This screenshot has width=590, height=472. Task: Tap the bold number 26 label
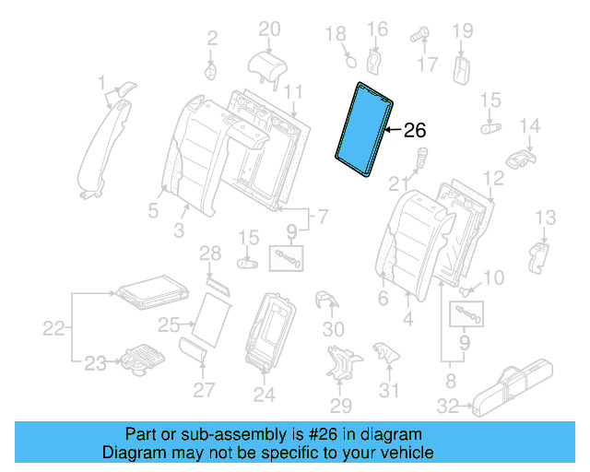point(416,131)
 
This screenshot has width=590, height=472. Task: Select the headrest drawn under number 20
point(267,62)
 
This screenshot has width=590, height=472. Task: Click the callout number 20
point(268,29)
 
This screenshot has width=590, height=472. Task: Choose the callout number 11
point(293,91)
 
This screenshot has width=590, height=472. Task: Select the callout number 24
point(265,395)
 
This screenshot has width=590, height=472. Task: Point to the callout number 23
point(96,363)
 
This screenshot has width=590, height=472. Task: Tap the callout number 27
point(204,389)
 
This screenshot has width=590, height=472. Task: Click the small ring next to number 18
point(349,61)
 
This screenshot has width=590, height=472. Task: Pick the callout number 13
point(547,217)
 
